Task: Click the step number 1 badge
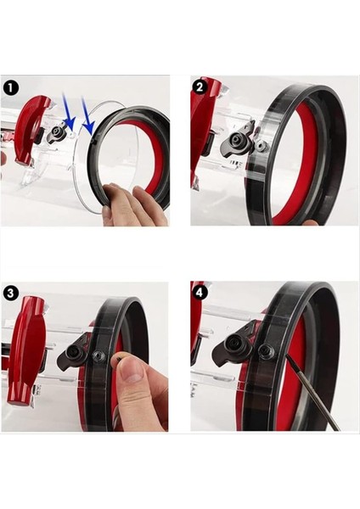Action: [x=11, y=87]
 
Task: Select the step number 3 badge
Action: [x=11, y=293]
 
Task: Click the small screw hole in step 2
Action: [x=262, y=146]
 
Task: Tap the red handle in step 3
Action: [x=26, y=348]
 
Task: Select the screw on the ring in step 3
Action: [x=98, y=356]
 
